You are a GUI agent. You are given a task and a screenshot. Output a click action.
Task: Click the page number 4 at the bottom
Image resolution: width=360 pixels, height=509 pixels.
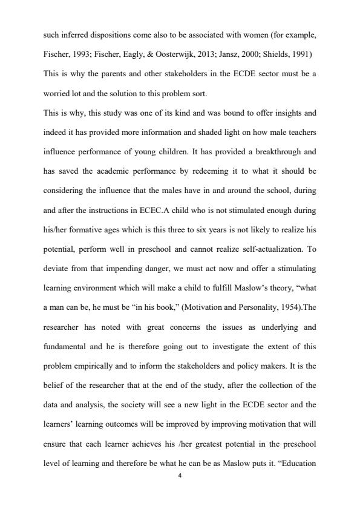click(x=180, y=476)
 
